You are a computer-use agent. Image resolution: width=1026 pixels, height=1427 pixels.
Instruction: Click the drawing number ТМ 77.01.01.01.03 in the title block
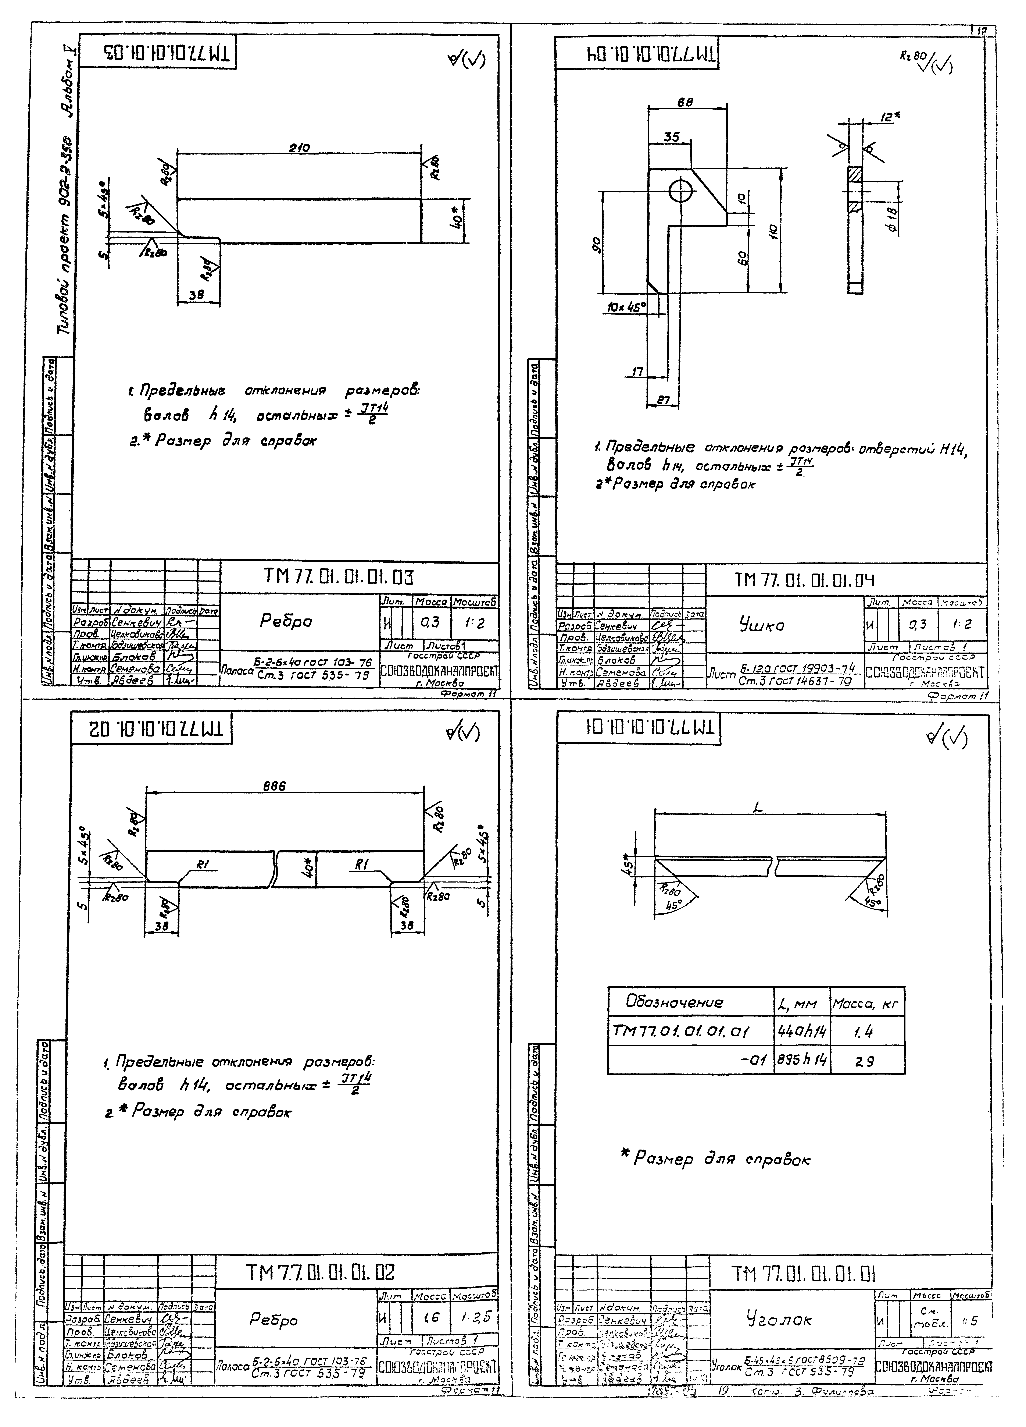(x=339, y=577)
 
